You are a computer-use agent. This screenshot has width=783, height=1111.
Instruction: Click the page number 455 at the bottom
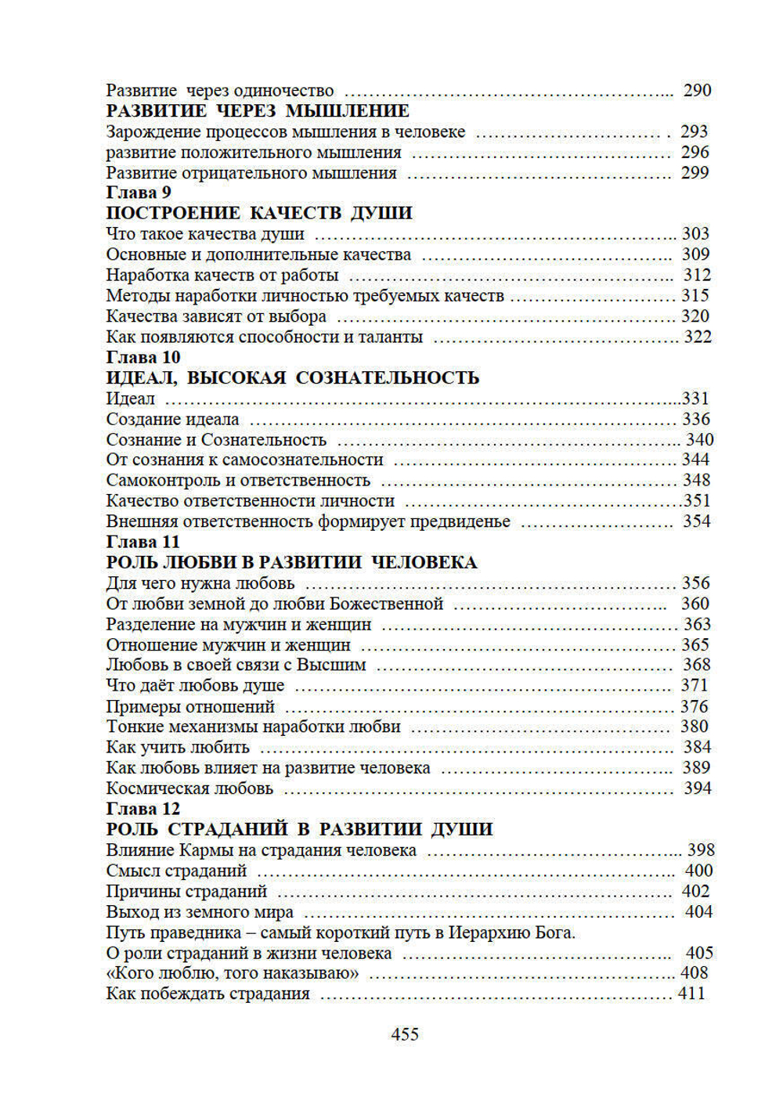click(405, 1034)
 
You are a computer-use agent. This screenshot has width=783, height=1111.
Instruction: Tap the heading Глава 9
click(139, 193)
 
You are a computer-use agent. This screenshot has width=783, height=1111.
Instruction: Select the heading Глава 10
click(143, 358)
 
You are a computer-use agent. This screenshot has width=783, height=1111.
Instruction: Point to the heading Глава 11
click(143, 542)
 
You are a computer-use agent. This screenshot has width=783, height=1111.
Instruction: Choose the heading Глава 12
click(143, 809)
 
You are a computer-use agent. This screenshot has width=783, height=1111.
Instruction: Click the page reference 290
click(697, 91)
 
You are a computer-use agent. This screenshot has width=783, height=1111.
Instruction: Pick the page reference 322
click(698, 337)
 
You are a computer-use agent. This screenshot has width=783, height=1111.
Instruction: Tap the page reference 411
click(691, 994)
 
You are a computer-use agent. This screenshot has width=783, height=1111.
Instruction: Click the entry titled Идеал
click(130, 399)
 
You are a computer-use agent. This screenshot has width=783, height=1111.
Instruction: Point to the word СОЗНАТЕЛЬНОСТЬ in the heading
click(387, 378)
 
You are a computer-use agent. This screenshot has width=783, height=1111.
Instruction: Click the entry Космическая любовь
click(189, 788)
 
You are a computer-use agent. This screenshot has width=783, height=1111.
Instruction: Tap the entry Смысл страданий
click(176, 871)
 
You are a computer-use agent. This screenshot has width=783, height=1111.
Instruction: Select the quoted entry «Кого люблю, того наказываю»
click(233, 973)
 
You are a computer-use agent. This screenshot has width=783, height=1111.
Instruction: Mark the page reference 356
click(696, 583)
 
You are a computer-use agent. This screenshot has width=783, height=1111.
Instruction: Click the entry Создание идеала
click(173, 420)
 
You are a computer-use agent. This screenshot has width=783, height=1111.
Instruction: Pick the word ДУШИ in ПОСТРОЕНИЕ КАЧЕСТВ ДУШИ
click(381, 213)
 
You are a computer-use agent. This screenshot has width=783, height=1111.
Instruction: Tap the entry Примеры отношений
click(190, 706)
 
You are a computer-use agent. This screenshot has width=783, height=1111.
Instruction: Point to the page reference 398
click(701, 850)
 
